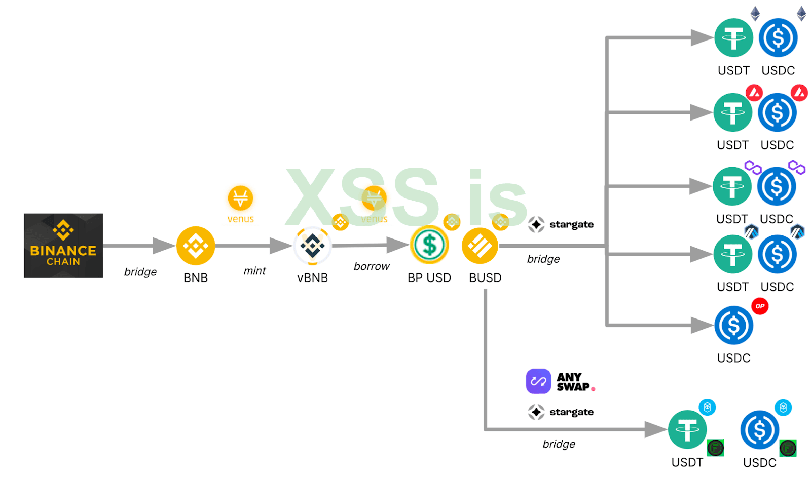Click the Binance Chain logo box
[x=63, y=246]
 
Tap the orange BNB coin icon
[x=196, y=246]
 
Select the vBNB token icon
[x=313, y=246]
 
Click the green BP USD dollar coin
[x=429, y=245]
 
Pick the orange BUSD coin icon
[x=480, y=246]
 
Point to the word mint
[x=254, y=271]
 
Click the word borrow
[x=372, y=266]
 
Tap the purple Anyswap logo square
[x=538, y=381]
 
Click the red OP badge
[x=760, y=306]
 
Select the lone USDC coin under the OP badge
[x=733, y=326]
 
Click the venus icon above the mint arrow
[x=240, y=198]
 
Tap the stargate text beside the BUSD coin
[x=571, y=224]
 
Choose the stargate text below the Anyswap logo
[x=571, y=412]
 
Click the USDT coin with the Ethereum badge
[x=733, y=38]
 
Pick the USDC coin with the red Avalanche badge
[x=777, y=112]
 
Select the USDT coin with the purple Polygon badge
[x=732, y=186]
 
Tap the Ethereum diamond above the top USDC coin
[x=801, y=13]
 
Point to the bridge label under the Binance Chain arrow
[x=140, y=272]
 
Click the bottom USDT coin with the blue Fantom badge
[x=687, y=429]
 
